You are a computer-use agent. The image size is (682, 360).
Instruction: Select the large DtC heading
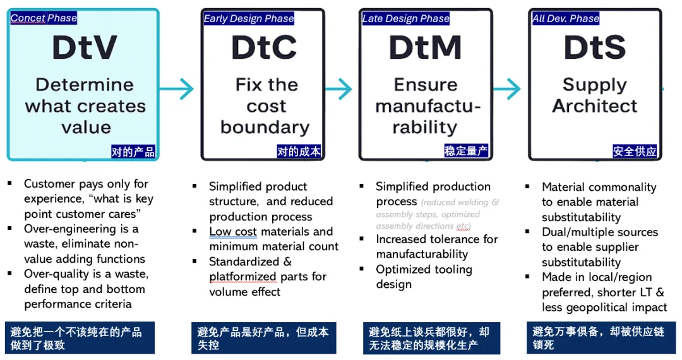264,48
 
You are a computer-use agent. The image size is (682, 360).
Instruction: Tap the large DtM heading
424,48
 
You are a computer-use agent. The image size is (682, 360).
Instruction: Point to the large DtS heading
595,48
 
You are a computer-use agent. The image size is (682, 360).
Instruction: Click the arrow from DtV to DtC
179,88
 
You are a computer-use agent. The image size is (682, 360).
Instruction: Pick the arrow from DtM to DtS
506,88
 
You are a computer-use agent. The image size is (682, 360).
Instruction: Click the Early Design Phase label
248,19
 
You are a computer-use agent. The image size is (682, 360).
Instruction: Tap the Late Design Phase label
405,19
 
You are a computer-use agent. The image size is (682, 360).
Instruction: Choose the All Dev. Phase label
565,19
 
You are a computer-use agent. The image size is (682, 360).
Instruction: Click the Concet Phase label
44,18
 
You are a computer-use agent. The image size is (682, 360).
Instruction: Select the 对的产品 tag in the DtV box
133,152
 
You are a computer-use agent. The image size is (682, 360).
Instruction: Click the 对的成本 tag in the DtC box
299,152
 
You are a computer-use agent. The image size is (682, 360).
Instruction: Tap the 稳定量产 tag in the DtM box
465,152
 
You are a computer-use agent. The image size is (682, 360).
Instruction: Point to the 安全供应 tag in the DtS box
635,152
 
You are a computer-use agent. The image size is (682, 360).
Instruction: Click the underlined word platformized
242,277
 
